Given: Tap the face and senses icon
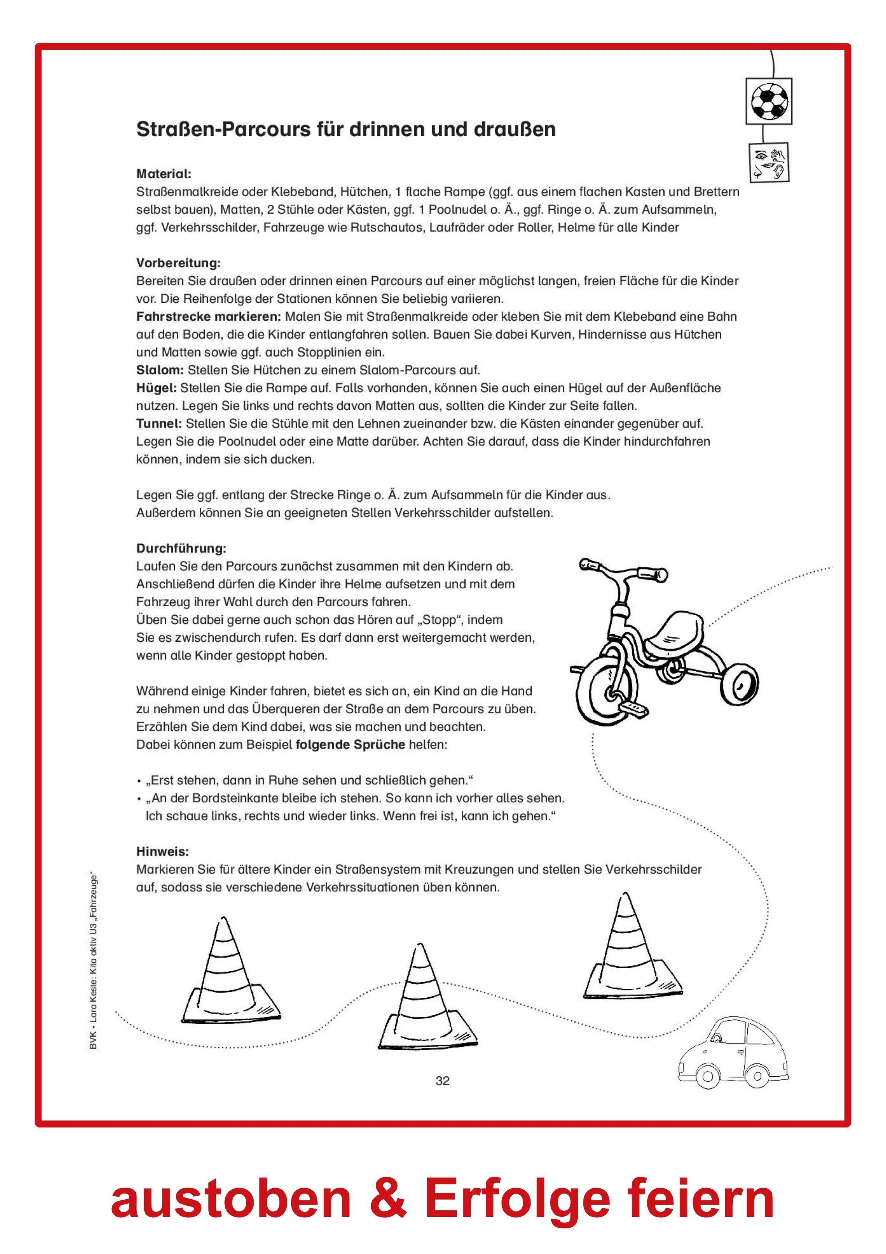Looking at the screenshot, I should [x=768, y=162].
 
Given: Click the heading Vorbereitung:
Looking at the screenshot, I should [x=178, y=263].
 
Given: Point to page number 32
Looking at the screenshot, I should [x=442, y=1080].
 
